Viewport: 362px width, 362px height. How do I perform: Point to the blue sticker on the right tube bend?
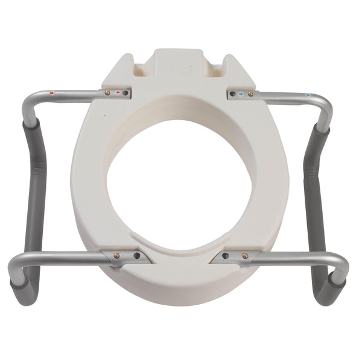point(308,95)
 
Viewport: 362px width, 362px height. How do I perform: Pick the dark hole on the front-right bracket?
point(225,256)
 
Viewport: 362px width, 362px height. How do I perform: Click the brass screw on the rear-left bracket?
point(108,94)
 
